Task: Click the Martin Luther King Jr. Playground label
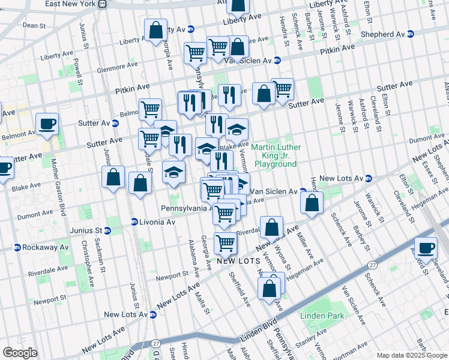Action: coord(275,155)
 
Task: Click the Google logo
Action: coord(20,353)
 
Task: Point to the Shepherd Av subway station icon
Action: coord(411,34)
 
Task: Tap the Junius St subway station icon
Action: coord(108,230)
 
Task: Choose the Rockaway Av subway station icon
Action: coord(17,247)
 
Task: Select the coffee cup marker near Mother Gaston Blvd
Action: coord(47,124)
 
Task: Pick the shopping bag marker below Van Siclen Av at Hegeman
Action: coord(312,203)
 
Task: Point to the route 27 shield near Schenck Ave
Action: coord(373,265)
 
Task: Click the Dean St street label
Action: coord(34,26)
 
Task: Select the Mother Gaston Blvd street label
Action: coord(58,186)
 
